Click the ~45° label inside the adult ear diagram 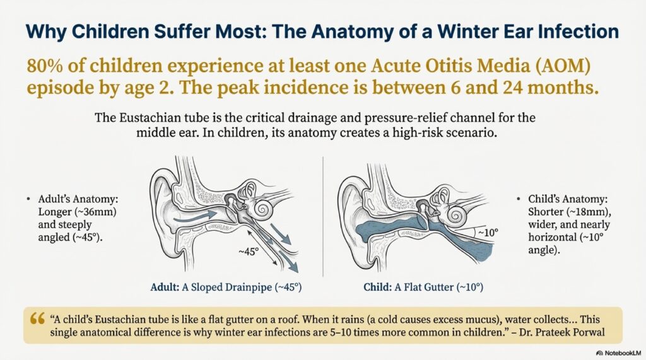(x=249, y=252)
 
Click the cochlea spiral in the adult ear (x=262, y=209)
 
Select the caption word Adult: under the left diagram (x=165, y=287)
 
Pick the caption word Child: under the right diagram (x=377, y=287)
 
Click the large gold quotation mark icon (x=37, y=319)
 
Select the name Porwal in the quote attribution (x=589, y=332)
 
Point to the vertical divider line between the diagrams (x=323, y=216)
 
